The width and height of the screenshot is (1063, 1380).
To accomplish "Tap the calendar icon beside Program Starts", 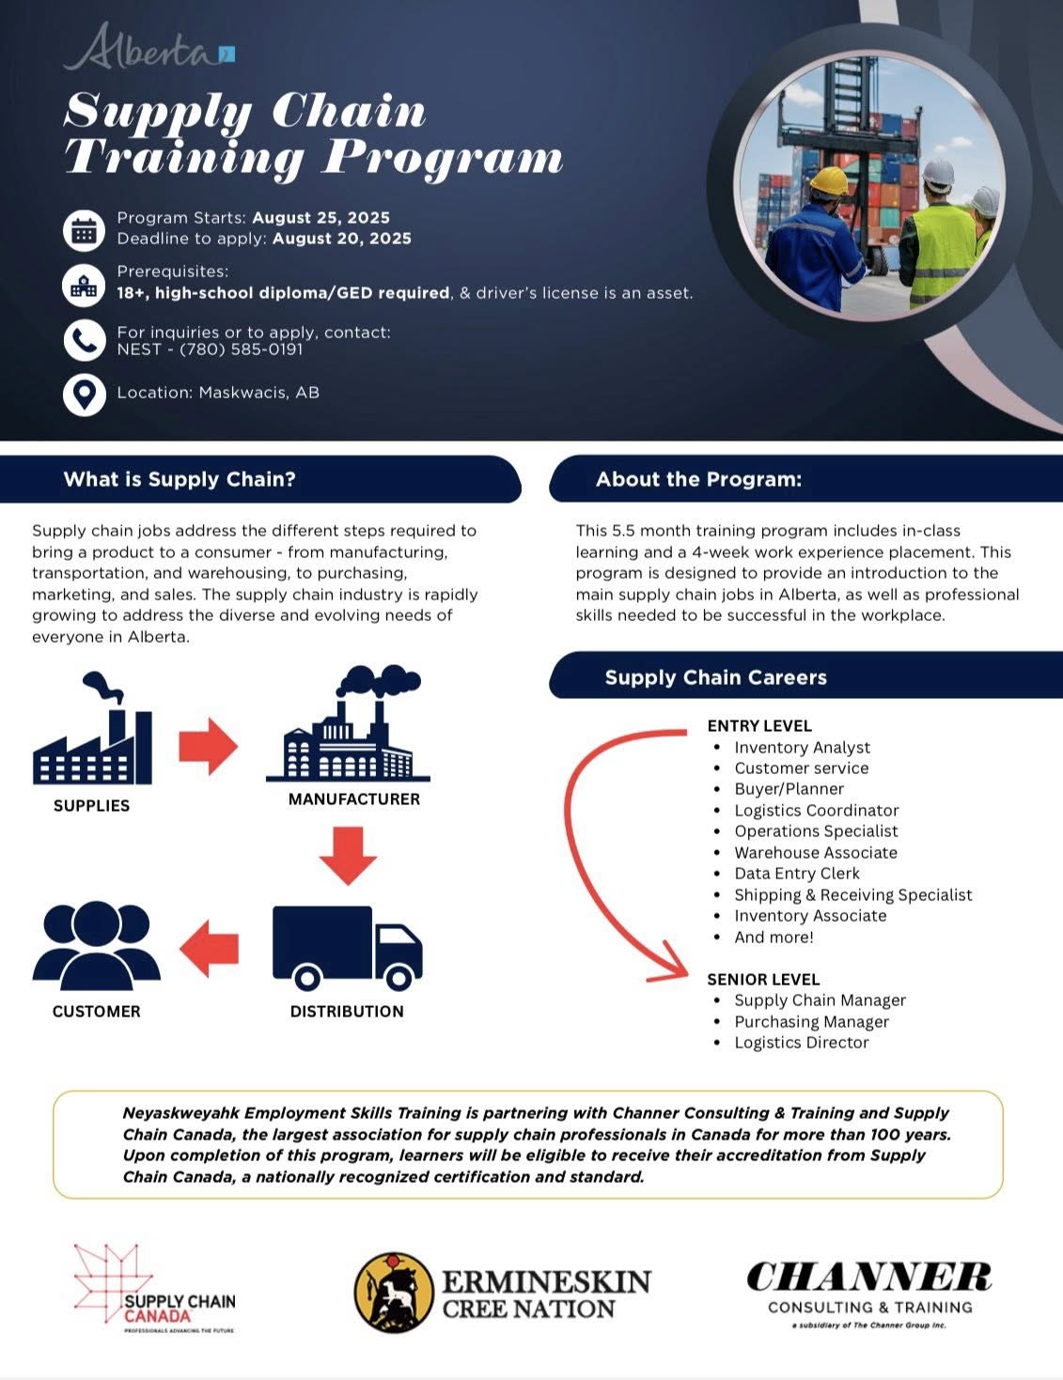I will point(84,229).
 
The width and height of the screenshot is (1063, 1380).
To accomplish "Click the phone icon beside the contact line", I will point(84,340).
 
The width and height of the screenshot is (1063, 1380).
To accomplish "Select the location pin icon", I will point(84,394).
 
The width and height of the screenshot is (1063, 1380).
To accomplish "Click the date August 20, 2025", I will point(342,239).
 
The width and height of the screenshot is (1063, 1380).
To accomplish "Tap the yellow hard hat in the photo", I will point(828,180).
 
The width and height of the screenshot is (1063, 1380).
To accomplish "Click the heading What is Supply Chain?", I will point(180,480).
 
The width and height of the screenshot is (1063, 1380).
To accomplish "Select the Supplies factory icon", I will point(92,731).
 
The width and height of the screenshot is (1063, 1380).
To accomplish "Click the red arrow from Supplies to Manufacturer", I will point(208,747).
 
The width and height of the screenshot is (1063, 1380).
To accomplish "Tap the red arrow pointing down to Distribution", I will point(348,855).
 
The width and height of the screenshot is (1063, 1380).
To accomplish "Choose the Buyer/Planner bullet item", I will point(789,789).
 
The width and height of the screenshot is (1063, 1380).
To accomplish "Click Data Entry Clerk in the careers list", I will point(796,874).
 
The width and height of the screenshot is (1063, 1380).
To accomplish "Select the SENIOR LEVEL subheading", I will point(763,979).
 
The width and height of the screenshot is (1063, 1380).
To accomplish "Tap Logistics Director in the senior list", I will point(801,1043).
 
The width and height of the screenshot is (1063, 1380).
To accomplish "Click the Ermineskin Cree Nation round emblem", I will point(394,1293).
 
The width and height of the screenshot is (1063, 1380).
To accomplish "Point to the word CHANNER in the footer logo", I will point(868,1278).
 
